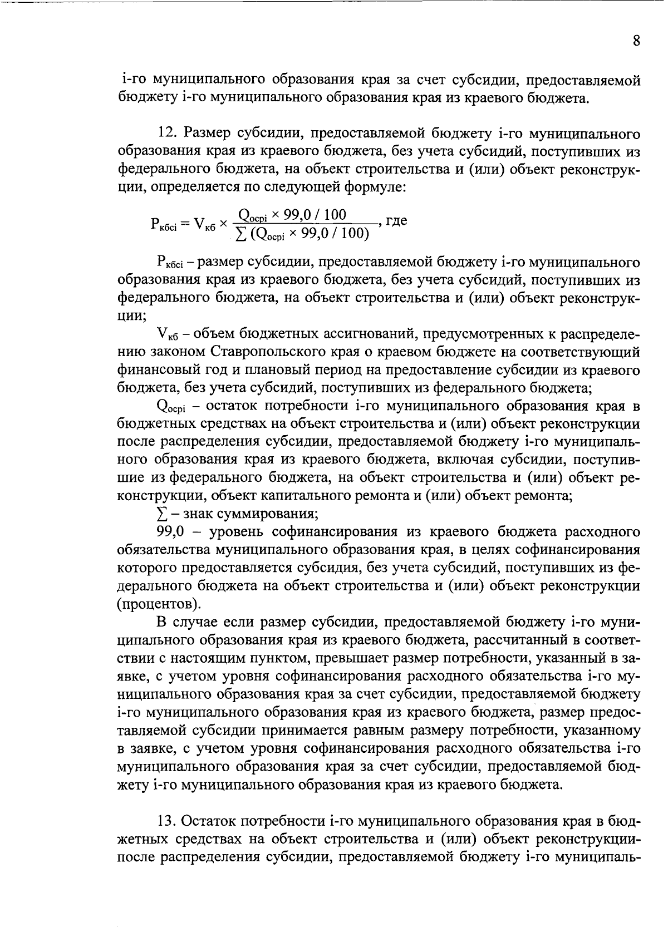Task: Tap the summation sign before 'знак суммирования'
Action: pos(162,513)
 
